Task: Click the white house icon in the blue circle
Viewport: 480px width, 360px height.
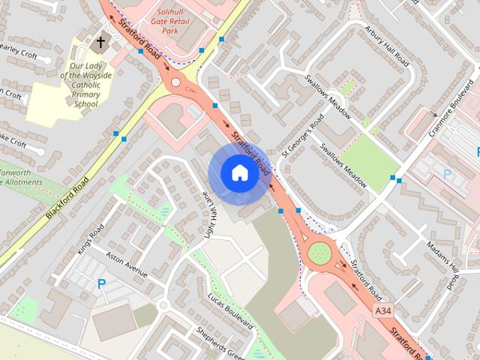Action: click(239, 172)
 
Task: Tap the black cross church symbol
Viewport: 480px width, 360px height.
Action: click(100, 43)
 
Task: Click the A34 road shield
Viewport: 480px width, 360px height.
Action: click(382, 310)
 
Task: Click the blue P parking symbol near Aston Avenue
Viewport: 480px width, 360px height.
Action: click(101, 283)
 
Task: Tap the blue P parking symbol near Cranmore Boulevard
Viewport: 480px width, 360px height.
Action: click(448, 175)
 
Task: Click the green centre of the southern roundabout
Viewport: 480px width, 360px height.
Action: click(319, 253)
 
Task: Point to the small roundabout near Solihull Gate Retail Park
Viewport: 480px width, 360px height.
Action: click(176, 82)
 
